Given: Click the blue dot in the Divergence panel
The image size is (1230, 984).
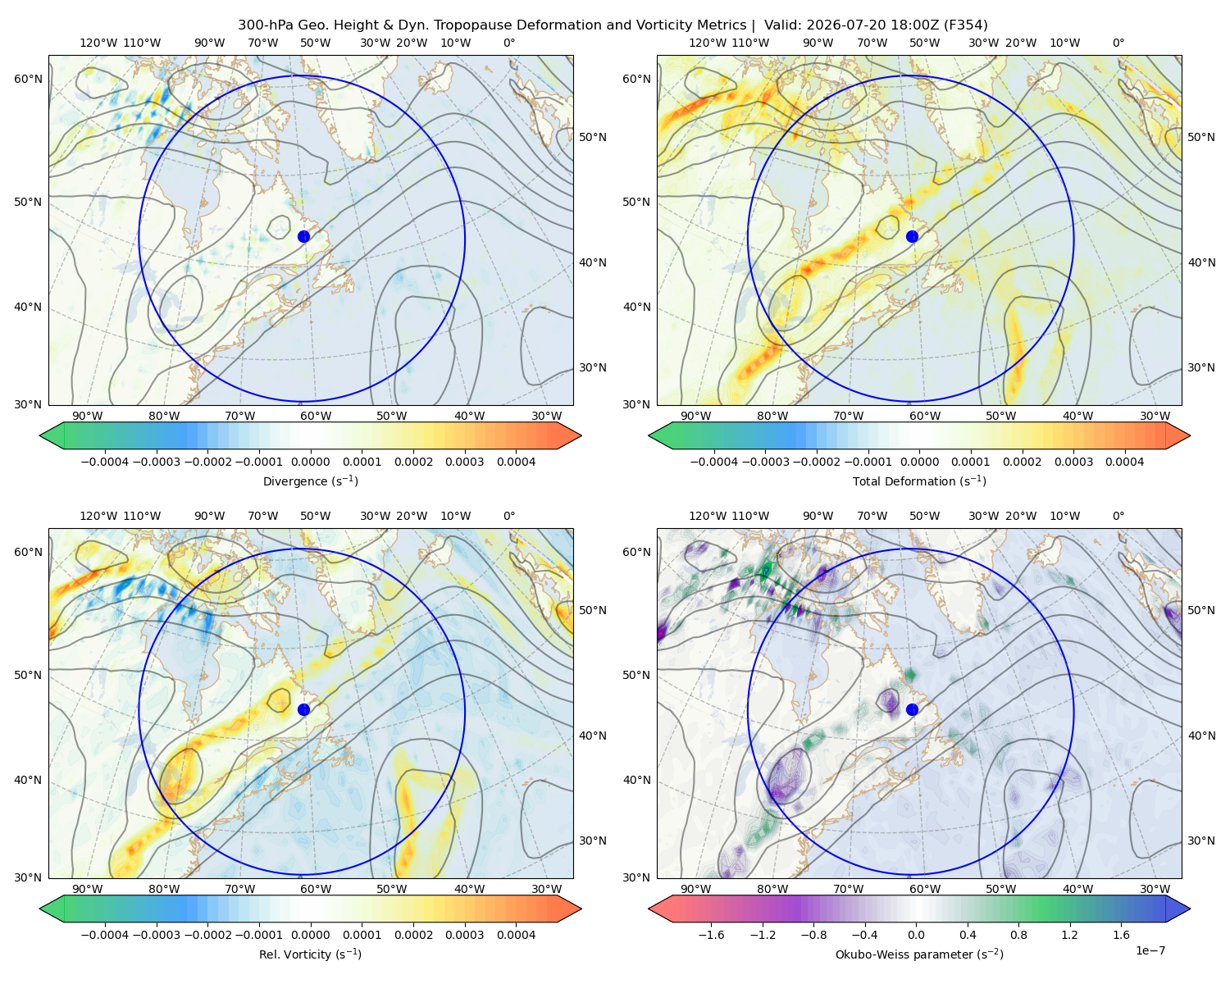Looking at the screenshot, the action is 303,236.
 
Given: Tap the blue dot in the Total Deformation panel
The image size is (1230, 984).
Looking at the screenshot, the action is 912,236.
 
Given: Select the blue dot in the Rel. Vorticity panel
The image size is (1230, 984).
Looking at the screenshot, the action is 303,709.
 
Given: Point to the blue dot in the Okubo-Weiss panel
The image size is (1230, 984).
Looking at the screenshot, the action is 912,709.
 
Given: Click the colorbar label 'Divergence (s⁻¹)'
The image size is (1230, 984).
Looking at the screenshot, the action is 310,481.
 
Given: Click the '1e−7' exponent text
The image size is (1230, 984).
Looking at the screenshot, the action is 1150,950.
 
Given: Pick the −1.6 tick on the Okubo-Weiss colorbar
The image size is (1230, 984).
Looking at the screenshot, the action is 711,934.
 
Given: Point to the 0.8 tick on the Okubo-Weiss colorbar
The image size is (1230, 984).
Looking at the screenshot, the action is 1018,934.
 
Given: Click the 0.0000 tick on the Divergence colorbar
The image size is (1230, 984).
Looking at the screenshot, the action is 310,462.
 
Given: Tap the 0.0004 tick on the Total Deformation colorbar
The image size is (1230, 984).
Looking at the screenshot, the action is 1124,462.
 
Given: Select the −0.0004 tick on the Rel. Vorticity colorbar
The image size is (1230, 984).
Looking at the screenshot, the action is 105,934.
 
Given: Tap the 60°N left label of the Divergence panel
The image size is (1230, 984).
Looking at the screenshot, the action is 28,79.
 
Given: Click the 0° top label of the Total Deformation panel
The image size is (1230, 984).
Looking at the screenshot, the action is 1118,43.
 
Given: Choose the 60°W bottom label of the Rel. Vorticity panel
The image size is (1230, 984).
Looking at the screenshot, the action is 316,889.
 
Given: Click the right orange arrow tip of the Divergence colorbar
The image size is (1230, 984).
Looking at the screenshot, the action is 581,435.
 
